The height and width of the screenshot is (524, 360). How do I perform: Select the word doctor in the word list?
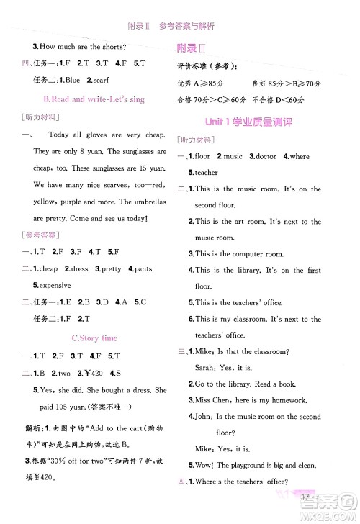(x=264, y=156)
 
